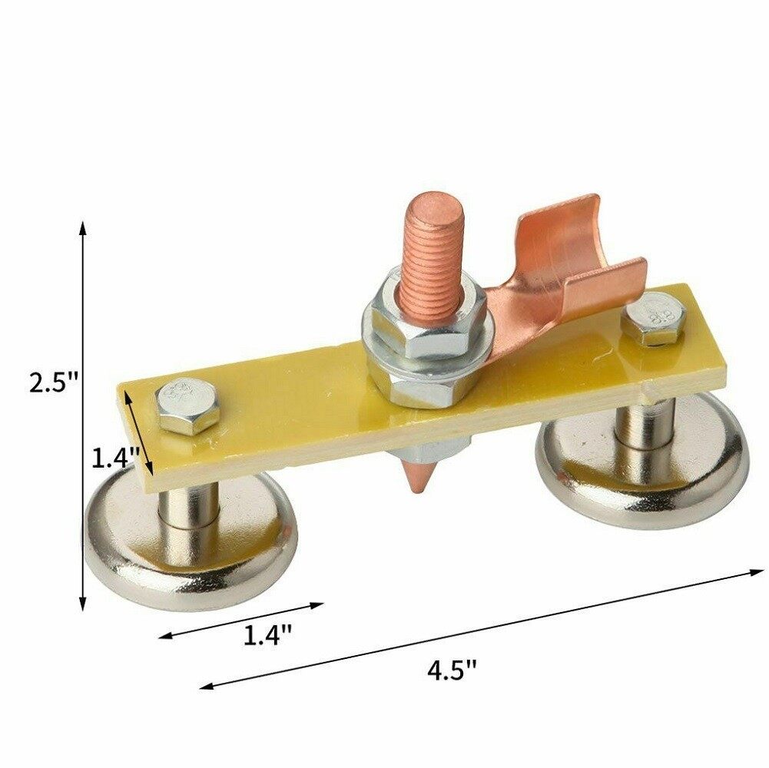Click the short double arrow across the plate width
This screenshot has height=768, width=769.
point(141,435)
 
